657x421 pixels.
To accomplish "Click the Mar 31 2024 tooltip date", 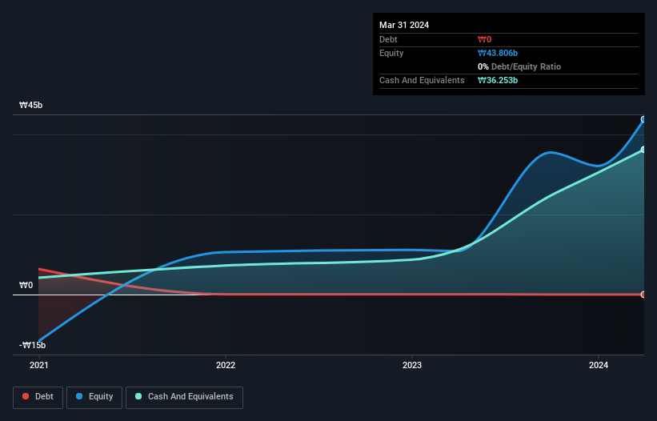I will tap(404, 25).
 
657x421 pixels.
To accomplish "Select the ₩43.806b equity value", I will tap(498, 53).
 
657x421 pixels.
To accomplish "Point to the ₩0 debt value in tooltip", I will tap(484, 39).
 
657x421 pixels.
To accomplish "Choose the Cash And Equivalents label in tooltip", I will tap(422, 80).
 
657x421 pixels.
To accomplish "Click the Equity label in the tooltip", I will tap(391, 53).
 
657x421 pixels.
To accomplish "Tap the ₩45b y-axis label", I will tap(33, 105).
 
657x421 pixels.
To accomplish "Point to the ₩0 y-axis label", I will tap(26, 285).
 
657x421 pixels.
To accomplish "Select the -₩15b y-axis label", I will tap(33, 345).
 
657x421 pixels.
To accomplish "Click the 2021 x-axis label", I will tap(38, 365).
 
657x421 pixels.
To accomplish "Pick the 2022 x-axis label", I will tap(226, 365).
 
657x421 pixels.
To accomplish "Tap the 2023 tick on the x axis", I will tap(412, 365).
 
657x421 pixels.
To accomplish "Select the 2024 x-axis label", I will tap(599, 365).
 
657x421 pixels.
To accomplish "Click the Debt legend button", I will tap(38, 396).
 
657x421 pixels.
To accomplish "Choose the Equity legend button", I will tap(94, 396).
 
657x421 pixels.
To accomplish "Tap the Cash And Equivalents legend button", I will tap(184, 396).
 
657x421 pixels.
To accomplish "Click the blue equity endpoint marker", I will tap(643, 119).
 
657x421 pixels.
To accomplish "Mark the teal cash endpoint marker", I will tap(643, 150).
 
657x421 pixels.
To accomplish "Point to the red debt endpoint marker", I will tap(643, 295).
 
